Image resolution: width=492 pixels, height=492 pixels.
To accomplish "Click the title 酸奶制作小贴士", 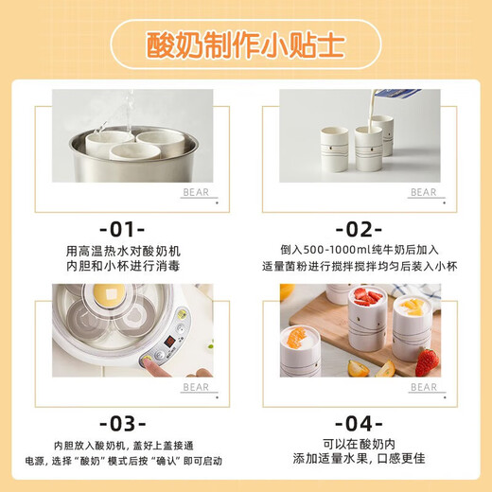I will tap(245, 45).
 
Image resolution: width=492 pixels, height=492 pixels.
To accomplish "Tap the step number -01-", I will tap(122, 229).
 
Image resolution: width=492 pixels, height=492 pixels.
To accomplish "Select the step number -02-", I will tap(360, 229).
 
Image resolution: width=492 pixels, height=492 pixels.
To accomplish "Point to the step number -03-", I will tap(122, 423).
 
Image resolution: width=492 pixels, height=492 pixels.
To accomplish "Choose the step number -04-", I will tap(360, 423).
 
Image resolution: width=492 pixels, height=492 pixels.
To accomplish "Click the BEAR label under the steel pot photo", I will tap(197, 192).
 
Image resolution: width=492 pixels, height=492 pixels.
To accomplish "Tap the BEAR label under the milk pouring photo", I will tap(423, 192).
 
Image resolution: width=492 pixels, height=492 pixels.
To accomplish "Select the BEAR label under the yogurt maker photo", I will tap(197, 387).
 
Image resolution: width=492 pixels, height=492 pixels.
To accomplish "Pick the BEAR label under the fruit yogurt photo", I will tap(423, 387).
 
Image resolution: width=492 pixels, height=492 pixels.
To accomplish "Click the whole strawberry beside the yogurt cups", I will tap(427, 361).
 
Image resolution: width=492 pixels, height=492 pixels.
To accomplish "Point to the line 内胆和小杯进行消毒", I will tap(122, 266).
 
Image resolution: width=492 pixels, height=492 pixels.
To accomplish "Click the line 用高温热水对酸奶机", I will tap(122, 249).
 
